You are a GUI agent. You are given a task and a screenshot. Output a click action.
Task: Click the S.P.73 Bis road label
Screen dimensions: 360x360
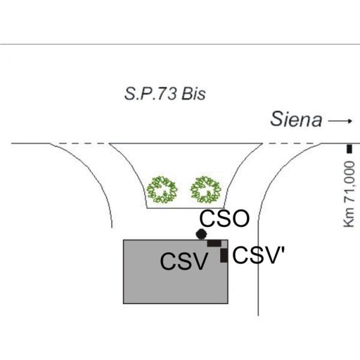click(165, 94)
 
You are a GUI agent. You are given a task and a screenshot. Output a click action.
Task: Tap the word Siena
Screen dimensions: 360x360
click(296, 119)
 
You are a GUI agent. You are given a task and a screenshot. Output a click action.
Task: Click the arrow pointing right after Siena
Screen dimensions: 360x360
click(340, 121)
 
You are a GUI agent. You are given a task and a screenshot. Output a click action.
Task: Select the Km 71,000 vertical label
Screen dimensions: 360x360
click(349, 194)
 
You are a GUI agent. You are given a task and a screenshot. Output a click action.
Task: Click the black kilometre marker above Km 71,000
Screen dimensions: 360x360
click(349, 149)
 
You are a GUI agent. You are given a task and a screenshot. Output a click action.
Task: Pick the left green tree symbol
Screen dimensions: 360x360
click(162, 190)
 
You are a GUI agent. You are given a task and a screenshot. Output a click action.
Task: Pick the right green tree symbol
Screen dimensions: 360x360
click(206, 190)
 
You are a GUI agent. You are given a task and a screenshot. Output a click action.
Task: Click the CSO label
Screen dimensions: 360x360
click(224, 218)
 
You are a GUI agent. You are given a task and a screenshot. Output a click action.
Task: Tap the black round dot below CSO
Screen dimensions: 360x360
click(202, 234)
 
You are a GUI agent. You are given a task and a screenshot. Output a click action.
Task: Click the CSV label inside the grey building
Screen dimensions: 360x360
click(184, 261)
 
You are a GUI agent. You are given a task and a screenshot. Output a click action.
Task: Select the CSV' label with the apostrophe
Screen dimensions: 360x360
click(259, 255)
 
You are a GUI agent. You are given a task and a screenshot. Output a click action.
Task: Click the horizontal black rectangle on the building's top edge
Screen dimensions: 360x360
click(214, 243)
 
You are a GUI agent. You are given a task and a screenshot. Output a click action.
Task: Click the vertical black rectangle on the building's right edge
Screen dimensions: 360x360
click(224, 256)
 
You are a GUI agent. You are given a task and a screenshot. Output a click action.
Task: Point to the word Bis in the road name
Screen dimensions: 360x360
click(193, 94)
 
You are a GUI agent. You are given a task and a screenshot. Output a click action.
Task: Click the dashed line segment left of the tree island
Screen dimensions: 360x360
click(79, 143)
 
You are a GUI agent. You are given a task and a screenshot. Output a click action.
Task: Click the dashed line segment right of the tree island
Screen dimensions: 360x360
click(292, 143)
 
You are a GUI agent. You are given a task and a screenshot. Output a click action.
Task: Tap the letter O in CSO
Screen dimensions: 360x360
click(241, 218)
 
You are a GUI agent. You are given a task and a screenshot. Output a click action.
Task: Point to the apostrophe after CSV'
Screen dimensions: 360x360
click(283, 250)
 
